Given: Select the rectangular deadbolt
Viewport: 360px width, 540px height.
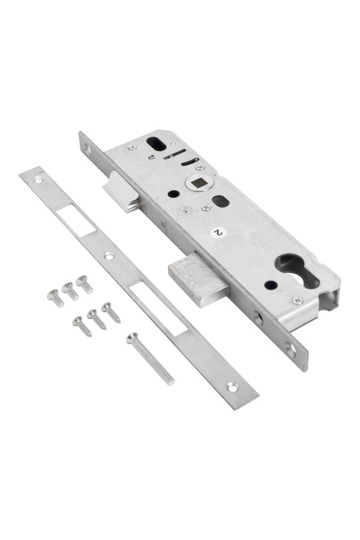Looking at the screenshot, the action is [199, 278].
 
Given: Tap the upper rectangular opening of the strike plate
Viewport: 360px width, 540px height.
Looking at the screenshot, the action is [76, 220].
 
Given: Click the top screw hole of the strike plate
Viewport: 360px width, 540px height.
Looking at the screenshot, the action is [38, 180].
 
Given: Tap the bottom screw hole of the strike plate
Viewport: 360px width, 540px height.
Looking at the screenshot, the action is [233, 388].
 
